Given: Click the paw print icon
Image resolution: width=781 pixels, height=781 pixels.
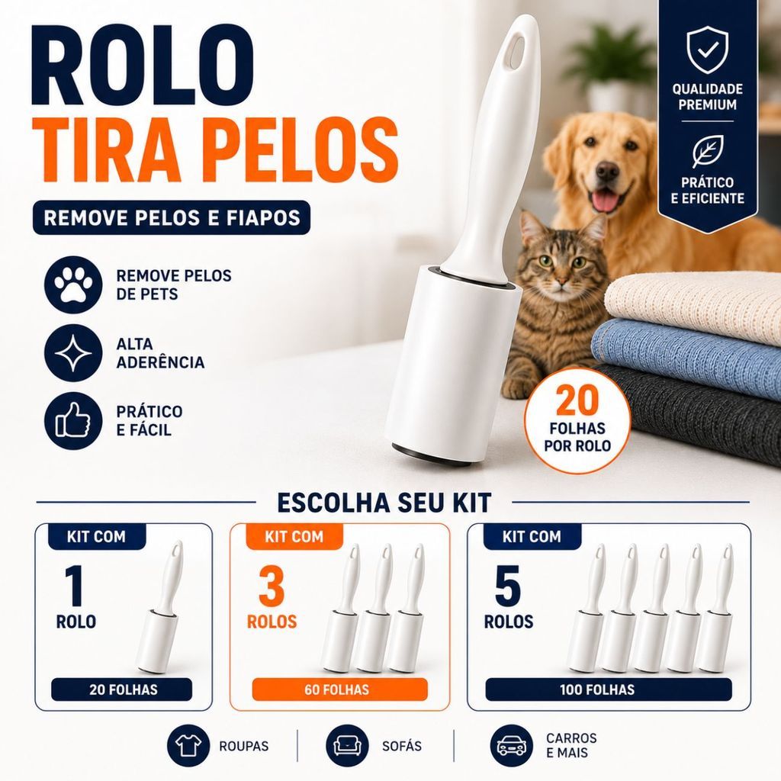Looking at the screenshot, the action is [73, 285].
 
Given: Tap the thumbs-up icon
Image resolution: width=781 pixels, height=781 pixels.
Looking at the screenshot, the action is [73, 421].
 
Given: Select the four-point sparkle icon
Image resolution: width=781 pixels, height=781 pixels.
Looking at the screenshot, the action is [73, 353].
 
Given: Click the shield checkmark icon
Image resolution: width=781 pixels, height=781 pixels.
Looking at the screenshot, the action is [707, 50].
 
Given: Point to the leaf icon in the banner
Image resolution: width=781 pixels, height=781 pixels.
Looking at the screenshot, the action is [707, 152].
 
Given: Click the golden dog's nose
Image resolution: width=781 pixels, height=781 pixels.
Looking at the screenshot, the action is [607, 172].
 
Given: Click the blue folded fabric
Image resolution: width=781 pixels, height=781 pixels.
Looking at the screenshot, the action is [687, 354].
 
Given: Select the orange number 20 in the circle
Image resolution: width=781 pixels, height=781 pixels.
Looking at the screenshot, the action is [577, 401].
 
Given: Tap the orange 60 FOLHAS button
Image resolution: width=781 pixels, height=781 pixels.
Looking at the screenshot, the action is [339, 689].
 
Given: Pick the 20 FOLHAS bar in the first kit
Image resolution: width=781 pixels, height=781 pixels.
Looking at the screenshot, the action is [121, 689].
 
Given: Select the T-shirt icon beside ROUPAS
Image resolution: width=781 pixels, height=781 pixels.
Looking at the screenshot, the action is [188, 746].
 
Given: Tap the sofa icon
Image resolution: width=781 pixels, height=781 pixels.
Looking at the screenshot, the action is [347, 746].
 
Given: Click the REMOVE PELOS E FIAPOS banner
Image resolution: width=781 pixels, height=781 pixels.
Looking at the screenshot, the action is [172, 217].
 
